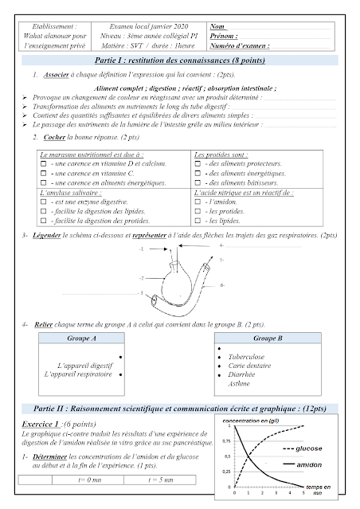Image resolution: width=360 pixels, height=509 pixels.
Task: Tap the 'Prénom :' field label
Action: [226, 37]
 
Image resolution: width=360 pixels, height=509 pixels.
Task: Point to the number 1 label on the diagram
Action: [141, 250]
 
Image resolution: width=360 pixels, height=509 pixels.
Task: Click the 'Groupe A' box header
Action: [83, 338]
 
